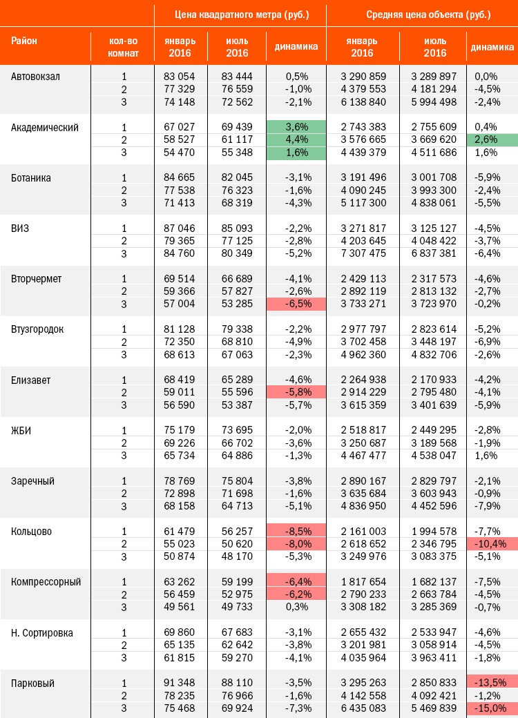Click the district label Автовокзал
coord(35,77)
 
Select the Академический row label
coord(44,128)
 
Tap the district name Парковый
coord(32,683)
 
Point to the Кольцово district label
coord(31,532)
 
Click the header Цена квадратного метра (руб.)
coord(242,14)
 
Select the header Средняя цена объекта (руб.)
coord(428,14)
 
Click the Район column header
coord(23,41)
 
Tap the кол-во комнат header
coord(123,47)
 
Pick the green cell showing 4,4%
coord(296,139)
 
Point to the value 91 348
coord(179,683)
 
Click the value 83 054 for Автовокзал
coord(179,77)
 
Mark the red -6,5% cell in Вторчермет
coord(296,304)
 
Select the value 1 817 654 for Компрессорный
coord(363,581)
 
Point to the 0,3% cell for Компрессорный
coord(297,607)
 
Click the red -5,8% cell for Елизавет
coord(296,392)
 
